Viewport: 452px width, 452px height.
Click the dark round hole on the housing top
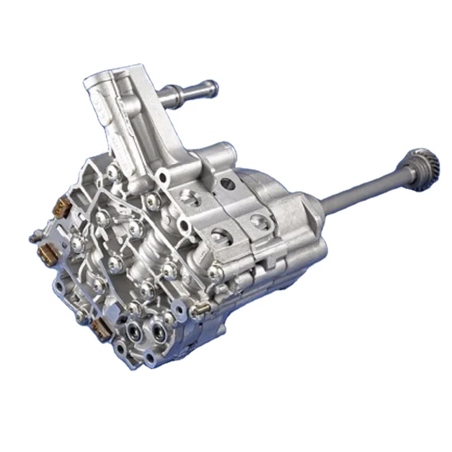tap(227, 184)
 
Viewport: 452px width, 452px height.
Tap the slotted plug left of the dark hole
tap(190, 196)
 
